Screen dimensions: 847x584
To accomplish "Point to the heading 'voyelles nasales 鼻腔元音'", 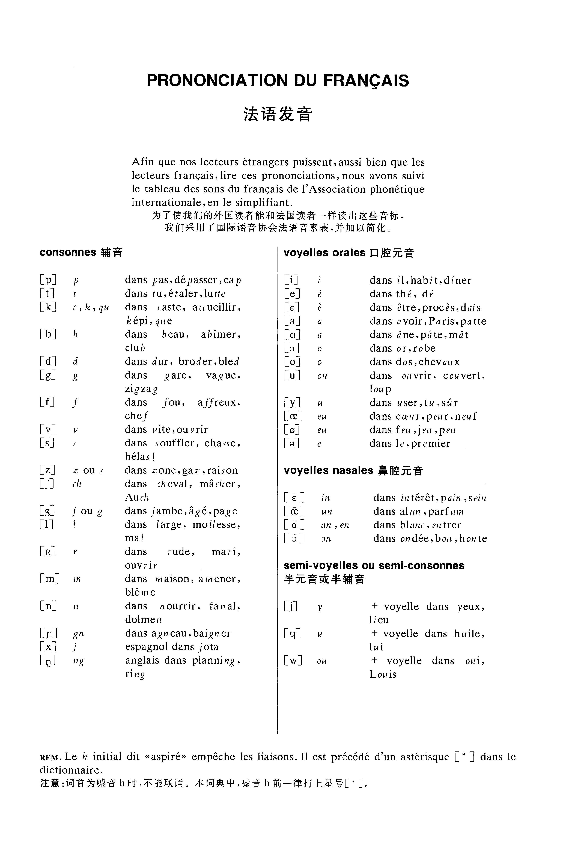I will click(353, 471).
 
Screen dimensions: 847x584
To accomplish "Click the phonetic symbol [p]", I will click(48, 280).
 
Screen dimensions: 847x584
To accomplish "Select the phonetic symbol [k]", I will click(48, 307).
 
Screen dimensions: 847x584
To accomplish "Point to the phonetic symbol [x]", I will click(48, 647).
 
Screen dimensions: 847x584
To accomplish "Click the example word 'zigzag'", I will click(141, 389).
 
